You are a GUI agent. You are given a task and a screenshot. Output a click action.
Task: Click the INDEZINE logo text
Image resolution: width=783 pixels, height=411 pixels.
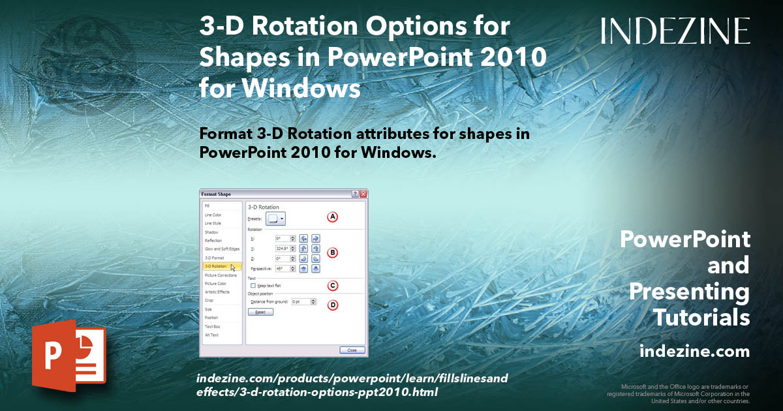pyautogui.click(x=675, y=31)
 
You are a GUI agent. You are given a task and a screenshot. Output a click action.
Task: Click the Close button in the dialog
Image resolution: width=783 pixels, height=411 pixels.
pyautogui.click(x=352, y=350)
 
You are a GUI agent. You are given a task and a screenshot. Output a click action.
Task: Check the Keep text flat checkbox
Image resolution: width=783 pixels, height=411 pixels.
pyautogui.click(x=253, y=286)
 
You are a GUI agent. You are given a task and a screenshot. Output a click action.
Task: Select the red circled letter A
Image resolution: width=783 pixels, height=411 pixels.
pyautogui.click(x=332, y=217)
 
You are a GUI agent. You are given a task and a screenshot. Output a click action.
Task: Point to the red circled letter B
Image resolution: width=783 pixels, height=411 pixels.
pyautogui.click(x=332, y=252)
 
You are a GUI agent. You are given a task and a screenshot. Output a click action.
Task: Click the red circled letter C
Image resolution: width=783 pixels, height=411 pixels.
pyautogui.click(x=332, y=285)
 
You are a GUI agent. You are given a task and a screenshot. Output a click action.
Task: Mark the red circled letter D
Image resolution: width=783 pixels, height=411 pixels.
pyautogui.click(x=332, y=304)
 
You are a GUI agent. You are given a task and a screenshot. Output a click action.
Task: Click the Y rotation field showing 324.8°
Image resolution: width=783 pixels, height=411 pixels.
pyautogui.click(x=282, y=249)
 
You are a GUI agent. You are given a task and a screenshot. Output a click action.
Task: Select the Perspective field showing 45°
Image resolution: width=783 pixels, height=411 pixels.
pyautogui.click(x=282, y=268)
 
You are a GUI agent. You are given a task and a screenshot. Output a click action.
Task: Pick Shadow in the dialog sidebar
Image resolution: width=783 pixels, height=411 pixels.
pyautogui.click(x=211, y=232)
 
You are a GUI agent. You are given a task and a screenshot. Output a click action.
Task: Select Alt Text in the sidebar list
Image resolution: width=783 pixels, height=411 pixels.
pyautogui.click(x=212, y=335)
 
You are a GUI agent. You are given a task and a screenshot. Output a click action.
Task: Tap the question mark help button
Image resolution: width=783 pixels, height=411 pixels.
pyautogui.click(x=355, y=194)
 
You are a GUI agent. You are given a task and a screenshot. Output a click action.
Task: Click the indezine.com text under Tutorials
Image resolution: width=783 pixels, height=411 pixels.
pyautogui.click(x=694, y=352)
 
